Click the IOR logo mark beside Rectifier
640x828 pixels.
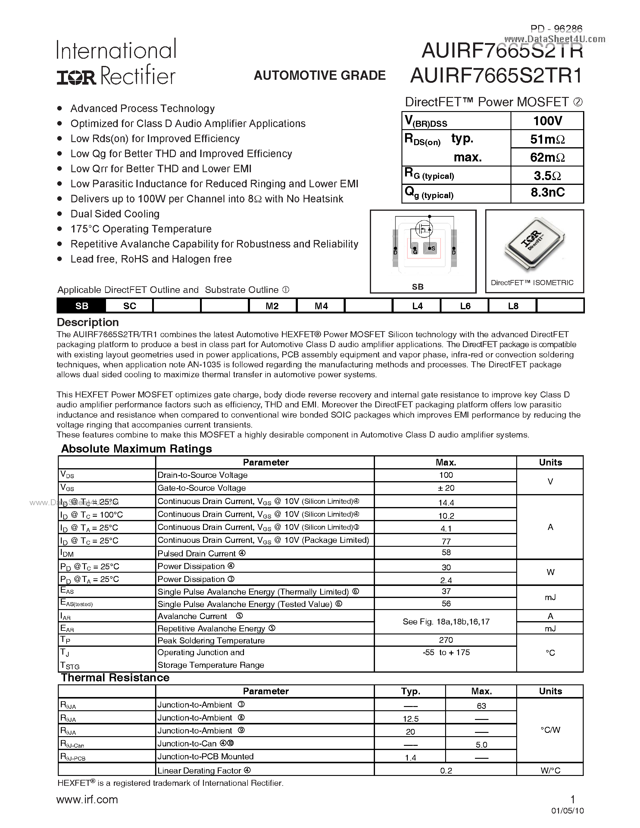pyautogui.click(x=76, y=77)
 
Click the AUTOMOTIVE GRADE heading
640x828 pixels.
pyautogui.click(x=320, y=76)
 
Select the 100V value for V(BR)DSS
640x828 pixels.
pyautogui.click(x=547, y=121)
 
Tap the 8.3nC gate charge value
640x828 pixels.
pyautogui.click(x=547, y=193)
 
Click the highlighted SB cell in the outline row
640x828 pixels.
pyautogui.click(x=82, y=306)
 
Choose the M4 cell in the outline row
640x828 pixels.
pyautogui.click(x=321, y=306)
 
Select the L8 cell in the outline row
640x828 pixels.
pyautogui.click(x=513, y=306)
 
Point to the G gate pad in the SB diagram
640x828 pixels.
pyautogui.click(x=415, y=249)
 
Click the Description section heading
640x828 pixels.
pyautogui.click(x=88, y=322)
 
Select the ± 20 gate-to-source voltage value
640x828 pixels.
pyautogui.click(x=446, y=488)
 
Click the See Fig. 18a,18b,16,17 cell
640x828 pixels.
pyautogui.click(x=446, y=622)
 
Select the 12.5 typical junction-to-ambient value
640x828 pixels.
pyautogui.click(x=411, y=719)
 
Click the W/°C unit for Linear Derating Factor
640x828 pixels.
pyautogui.click(x=550, y=770)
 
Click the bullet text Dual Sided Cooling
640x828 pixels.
pyautogui.click(x=115, y=214)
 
